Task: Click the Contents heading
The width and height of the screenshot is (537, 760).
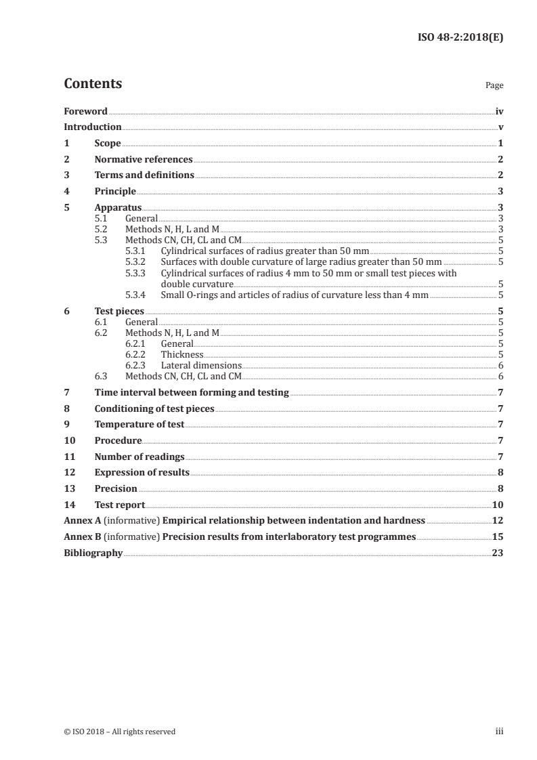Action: [x=93, y=84]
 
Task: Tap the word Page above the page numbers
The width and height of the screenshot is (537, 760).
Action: [x=494, y=86]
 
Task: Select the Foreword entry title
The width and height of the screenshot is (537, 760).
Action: [x=85, y=111]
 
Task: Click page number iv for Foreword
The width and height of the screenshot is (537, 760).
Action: [x=499, y=111]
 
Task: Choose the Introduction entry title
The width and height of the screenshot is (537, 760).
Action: [x=93, y=127]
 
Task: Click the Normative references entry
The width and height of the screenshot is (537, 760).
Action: [x=144, y=160]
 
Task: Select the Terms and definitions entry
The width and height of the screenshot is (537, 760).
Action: [x=144, y=175]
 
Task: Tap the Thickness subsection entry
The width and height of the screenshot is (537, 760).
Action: [x=181, y=354]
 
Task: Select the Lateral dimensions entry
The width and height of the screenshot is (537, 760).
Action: [x=201, y=365]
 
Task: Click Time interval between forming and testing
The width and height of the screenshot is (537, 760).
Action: [x=192, y=392]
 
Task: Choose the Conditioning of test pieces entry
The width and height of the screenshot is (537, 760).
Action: [x=154, y=408]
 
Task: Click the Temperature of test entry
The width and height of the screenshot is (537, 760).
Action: [x=139, y=425]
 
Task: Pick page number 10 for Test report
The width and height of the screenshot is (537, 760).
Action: [x=498, y=505]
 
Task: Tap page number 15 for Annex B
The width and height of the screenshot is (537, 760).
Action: [x=498, y=536]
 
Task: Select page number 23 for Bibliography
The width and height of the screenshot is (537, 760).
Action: [x=498, y=553]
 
